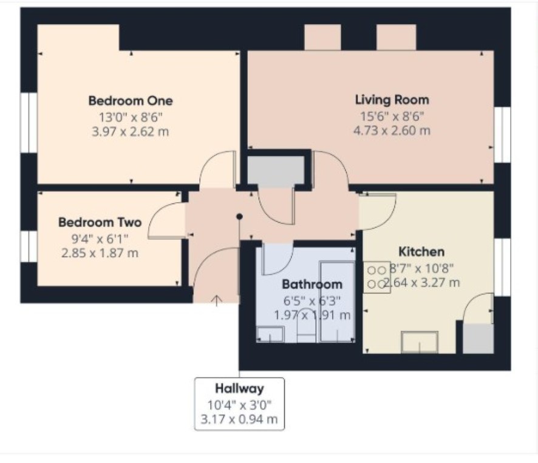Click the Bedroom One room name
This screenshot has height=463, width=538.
pyautogui.click(x=131, y=101)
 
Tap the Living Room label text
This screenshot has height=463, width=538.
pyautogui.click(x=392, y=100)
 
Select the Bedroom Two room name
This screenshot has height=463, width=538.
pyautogui.click(x=100, y=222)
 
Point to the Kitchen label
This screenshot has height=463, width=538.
pyautogui.click(x=421, y=252)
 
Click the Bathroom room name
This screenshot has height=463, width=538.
pyautogui.click(x=312, y=285)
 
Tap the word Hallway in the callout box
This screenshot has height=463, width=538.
pyautogui.click(x=239, y=388)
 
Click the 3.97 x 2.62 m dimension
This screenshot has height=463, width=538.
pyautogui.click(x=131, y=132)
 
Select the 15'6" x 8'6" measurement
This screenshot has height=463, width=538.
pyautogui.click(x=392, y=117)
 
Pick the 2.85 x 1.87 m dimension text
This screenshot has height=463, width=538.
pyautogui.click(x=100, y=254)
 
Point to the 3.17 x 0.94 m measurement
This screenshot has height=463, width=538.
pyautogui.click(x=239, y=419)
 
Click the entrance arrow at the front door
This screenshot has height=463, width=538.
pyautogui.click(x=216, y=300)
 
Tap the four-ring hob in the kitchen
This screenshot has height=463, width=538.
pyautogui.click(x=376, y=277)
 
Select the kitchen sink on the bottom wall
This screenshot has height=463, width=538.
pyautogui.click(x=419, y=342)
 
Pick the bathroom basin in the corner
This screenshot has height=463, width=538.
pyautogui.click(x=270, y=334)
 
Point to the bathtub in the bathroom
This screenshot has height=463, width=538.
pyautogui.click(x=337, y=302)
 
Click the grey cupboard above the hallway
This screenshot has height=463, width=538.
pyautogui.click(x=276, y=171)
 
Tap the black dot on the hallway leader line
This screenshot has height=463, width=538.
pyautogui.click(x=239, y=217)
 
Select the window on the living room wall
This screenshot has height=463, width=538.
pyautogui.click(x=502, y=135)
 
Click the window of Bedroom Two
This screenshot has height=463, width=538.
pyautogui.click(x=29, y=246)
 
